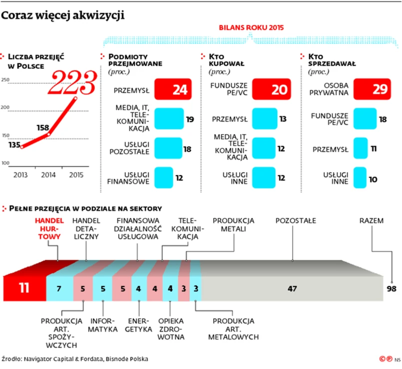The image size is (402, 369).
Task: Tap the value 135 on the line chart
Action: [x=13, y=145]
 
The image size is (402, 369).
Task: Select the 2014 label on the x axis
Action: [x=48, y=175]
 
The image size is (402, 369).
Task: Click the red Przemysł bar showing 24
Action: [x=173, y=90]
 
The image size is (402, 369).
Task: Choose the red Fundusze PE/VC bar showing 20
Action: [x=272, y=90]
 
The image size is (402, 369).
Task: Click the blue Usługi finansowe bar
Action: [x=162, y=178]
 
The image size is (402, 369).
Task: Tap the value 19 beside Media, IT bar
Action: [x=190, y=119]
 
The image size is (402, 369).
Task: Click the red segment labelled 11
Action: [x=24, y=288]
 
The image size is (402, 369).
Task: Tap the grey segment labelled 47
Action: [x=292, y=288]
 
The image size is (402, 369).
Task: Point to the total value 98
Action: [x=394, y=288]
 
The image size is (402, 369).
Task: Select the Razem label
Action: [x=372, y=220]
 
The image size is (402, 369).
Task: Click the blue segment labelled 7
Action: [x=59, y=288]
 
